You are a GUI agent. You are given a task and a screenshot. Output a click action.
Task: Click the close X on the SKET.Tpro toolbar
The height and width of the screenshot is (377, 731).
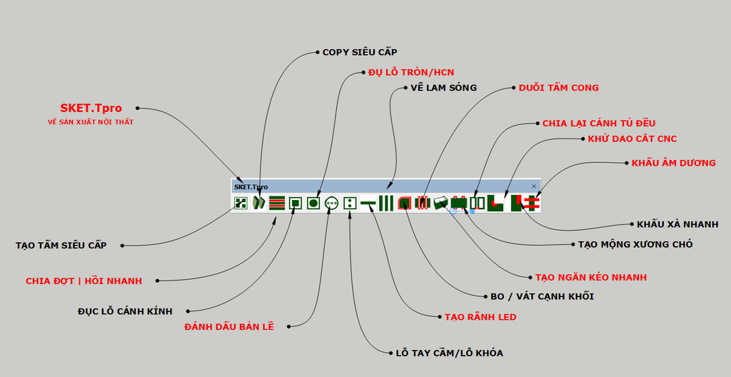click(534, 186)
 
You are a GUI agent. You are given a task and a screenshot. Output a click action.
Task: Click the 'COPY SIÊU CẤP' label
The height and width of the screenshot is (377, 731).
click(360, 52)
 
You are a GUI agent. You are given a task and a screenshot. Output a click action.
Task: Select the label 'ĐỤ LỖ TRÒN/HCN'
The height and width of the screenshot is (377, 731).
click(411, 72)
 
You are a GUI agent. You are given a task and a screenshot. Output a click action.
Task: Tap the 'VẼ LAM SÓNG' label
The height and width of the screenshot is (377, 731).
click(444, 87)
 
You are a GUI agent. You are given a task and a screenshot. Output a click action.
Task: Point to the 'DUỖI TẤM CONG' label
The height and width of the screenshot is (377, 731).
click(559, 87)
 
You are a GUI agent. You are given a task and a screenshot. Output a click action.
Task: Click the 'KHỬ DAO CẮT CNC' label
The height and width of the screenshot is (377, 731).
click(632, 139)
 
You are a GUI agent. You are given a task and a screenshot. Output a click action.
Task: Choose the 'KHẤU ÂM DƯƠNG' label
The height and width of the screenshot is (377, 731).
click(674, 163)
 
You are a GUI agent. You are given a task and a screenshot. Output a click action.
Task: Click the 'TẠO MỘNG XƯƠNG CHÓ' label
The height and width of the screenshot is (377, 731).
click(635, 244)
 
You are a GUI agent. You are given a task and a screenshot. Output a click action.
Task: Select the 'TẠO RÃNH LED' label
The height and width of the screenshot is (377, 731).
click(480, 317)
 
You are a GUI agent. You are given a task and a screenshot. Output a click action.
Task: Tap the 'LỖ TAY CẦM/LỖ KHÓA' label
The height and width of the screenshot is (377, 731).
click(450, 353)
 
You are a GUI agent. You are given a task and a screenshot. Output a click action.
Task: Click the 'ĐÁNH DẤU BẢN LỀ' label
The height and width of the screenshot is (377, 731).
click(229, 326)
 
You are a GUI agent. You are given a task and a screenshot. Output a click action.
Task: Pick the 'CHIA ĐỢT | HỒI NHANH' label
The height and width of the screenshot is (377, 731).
click(84, 281)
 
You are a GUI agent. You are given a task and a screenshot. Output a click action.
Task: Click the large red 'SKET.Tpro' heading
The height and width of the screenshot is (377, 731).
click(91, 108)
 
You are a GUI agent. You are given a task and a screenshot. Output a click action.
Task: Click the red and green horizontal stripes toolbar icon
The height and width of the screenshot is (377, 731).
click(277, 203)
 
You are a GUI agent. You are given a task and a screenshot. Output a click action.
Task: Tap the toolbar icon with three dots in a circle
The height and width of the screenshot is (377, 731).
click(331, 203)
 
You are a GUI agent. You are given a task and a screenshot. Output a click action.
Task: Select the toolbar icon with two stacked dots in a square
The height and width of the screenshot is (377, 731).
click(350, 203)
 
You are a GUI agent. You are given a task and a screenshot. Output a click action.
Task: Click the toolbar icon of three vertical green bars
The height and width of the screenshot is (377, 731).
click(386, 203)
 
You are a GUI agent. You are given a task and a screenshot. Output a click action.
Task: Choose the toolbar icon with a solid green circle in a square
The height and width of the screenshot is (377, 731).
click(313, 203)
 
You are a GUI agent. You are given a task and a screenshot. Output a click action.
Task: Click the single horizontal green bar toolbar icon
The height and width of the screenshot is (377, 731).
click(368, 203)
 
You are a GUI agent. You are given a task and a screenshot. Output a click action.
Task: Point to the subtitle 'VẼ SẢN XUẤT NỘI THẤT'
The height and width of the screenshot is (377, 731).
click(91, 122)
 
